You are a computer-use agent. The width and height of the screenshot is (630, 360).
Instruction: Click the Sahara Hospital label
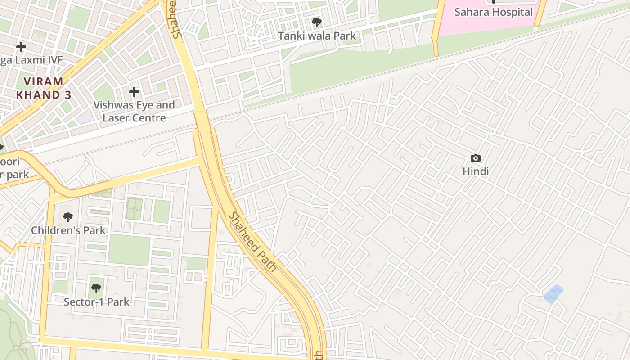coord(494,12)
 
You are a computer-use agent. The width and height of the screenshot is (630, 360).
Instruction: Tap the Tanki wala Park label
coord(317,36)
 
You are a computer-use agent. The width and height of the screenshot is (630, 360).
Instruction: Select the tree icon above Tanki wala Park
coord(316,22)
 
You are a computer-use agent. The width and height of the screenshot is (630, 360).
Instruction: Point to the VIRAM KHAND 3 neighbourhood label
coord(43,88)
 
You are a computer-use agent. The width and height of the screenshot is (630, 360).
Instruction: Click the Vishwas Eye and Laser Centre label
coord(134,112)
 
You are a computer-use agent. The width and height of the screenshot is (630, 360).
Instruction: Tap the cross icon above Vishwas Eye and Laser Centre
coord(134,92)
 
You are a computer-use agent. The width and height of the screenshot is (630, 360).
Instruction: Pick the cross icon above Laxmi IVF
coord(21,46)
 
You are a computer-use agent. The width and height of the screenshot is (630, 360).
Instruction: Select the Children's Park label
coord(68,230)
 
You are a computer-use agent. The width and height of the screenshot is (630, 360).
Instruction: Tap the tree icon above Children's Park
coord(68,218)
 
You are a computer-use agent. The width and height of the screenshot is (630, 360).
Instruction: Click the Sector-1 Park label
coord(96,302)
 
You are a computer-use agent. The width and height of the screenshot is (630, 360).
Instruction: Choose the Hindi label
coord(476,171)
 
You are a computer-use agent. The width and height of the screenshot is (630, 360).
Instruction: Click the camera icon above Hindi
coord(475,158)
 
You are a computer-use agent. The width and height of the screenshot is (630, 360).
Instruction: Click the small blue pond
coord(553,294)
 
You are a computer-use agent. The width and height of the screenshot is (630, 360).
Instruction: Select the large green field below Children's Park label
coord(129,250)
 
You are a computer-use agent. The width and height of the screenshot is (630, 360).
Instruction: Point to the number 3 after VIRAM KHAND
coord(67,95)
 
